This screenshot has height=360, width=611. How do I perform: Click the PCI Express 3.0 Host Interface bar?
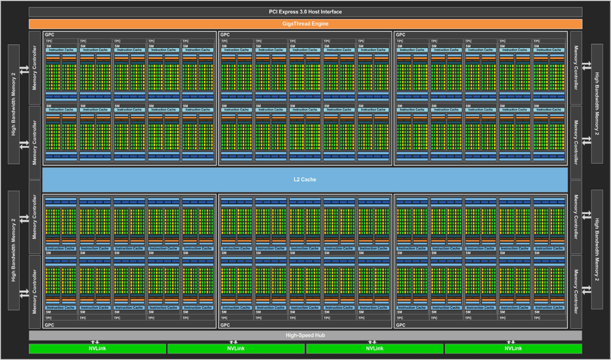pyautogui.click(x=305, y=12)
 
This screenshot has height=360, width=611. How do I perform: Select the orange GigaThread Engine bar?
pyautogui.click(x=305, y=24)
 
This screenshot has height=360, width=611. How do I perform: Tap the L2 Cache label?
pyautogui.click(x=305, y=179)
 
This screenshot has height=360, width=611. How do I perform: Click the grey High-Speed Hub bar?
pyautogui.click(x=305, y=335)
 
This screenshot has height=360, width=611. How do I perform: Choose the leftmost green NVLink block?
pyautogui.click(x=97, y=349)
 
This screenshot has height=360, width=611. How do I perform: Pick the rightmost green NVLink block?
pyautogui.click(x=513, y=349)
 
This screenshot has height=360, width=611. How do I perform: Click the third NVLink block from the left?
pyautogui.click(x=375, y=349)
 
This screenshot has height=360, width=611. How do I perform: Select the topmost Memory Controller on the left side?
pyautogui.click(x=35, y=69)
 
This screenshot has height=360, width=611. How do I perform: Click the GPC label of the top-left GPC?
pyautogui.click(x=48, y=35)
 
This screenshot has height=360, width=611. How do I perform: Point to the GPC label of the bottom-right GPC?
pyautogui.click(x=401, y=325)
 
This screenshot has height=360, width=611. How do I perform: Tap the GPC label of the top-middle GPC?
pyautogui.click(x=225, y=35)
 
